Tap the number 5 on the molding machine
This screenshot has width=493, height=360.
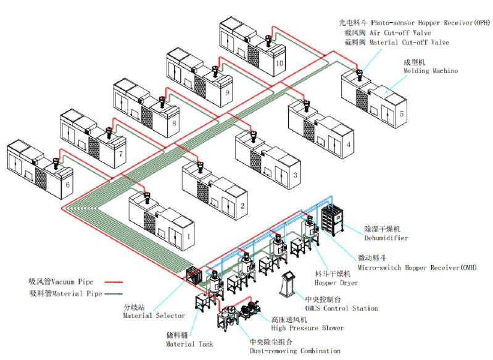[402, 114]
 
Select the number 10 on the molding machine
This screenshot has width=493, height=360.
[280, 64]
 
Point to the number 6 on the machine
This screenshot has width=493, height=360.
[68, 183]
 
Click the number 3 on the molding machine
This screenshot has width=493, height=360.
[296, 175]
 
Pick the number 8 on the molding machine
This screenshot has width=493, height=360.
[175, 123]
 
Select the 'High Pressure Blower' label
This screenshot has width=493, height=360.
[307, 328]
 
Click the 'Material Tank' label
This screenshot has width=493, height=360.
[189, 343]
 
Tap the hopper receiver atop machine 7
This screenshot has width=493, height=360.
[109, 132]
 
